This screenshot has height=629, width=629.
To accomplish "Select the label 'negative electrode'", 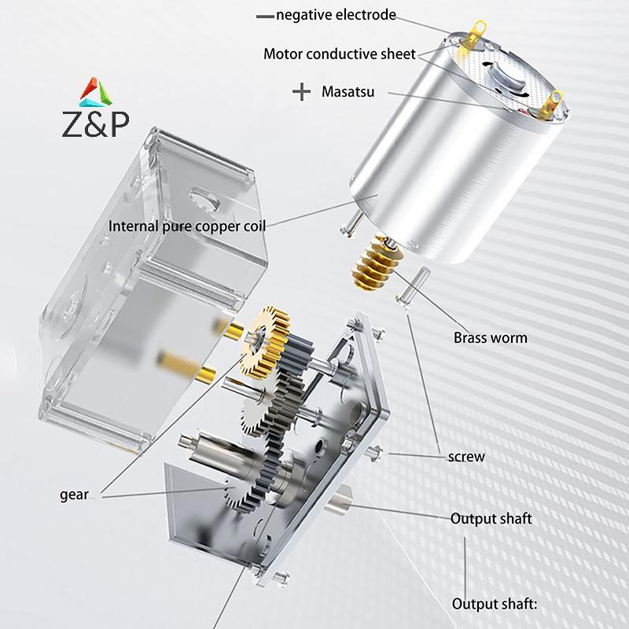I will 336,15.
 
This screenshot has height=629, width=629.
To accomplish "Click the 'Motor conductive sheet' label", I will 340,53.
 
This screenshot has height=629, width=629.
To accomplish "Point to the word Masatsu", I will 348,92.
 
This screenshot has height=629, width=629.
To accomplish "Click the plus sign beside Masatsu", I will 301,92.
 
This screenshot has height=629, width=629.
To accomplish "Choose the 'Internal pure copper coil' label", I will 187,226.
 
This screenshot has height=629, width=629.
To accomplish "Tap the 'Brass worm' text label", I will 490,338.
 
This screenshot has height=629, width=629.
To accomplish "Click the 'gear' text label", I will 74,495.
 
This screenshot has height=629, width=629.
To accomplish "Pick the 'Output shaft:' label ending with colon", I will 493,604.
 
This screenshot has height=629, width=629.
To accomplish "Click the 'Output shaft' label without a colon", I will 491,519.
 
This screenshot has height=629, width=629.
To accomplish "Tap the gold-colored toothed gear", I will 267,338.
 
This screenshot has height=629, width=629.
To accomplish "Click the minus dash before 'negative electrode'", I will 265,15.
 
